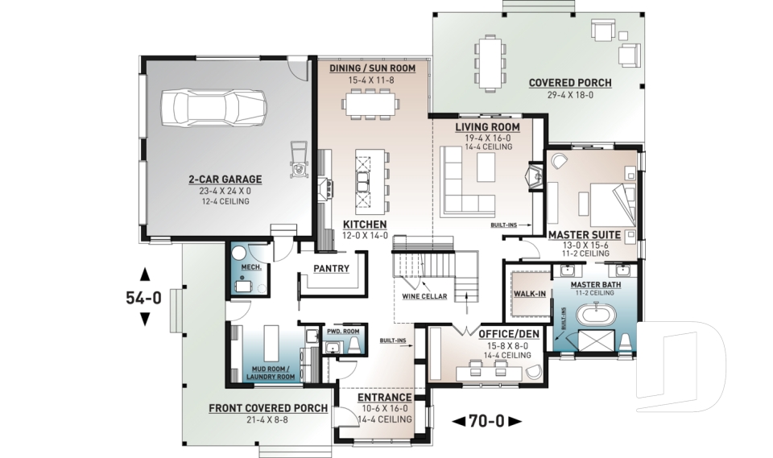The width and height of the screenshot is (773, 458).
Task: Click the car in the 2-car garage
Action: [214, 107]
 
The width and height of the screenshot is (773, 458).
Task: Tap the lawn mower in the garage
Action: [299, 159]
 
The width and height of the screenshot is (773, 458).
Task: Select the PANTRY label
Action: [331, 269]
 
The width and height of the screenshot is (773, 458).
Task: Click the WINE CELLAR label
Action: [424, 296]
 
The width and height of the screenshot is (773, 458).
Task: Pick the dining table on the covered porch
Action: [490, 63]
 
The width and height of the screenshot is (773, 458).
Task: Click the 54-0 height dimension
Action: [144, 297]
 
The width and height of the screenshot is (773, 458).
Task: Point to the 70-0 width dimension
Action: [486, 421]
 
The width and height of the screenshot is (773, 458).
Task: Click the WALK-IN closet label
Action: [530, 294]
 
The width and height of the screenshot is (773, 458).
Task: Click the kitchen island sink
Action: [363, 183]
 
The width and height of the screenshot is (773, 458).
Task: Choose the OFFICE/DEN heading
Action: [509, 334]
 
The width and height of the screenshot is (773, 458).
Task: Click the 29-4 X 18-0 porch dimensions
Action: [570, 95]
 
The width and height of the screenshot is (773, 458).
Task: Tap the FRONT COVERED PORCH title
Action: [268, 408]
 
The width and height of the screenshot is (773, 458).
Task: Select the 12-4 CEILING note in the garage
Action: [225, 201]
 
